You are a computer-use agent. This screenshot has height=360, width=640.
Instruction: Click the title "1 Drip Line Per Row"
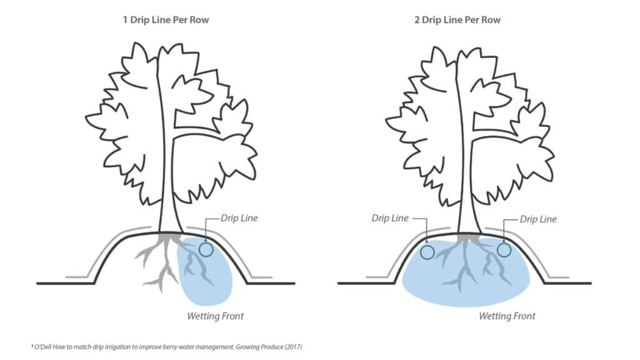[166, 20]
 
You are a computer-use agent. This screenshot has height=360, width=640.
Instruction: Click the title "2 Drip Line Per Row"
[457, 20]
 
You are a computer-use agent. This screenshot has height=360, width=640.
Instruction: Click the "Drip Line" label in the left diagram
[239, 218]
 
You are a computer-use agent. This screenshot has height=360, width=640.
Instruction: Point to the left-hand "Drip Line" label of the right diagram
[390, 218]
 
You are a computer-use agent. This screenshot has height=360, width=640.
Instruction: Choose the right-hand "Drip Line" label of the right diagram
[538, 219]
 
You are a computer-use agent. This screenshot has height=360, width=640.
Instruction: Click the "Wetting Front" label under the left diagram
[215, 316]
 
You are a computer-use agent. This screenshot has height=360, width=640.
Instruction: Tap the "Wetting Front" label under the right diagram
[507, 316]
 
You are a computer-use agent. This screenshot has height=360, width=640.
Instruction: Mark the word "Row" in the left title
[199, 20]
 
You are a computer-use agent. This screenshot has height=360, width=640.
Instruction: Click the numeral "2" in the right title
[417, 20]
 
